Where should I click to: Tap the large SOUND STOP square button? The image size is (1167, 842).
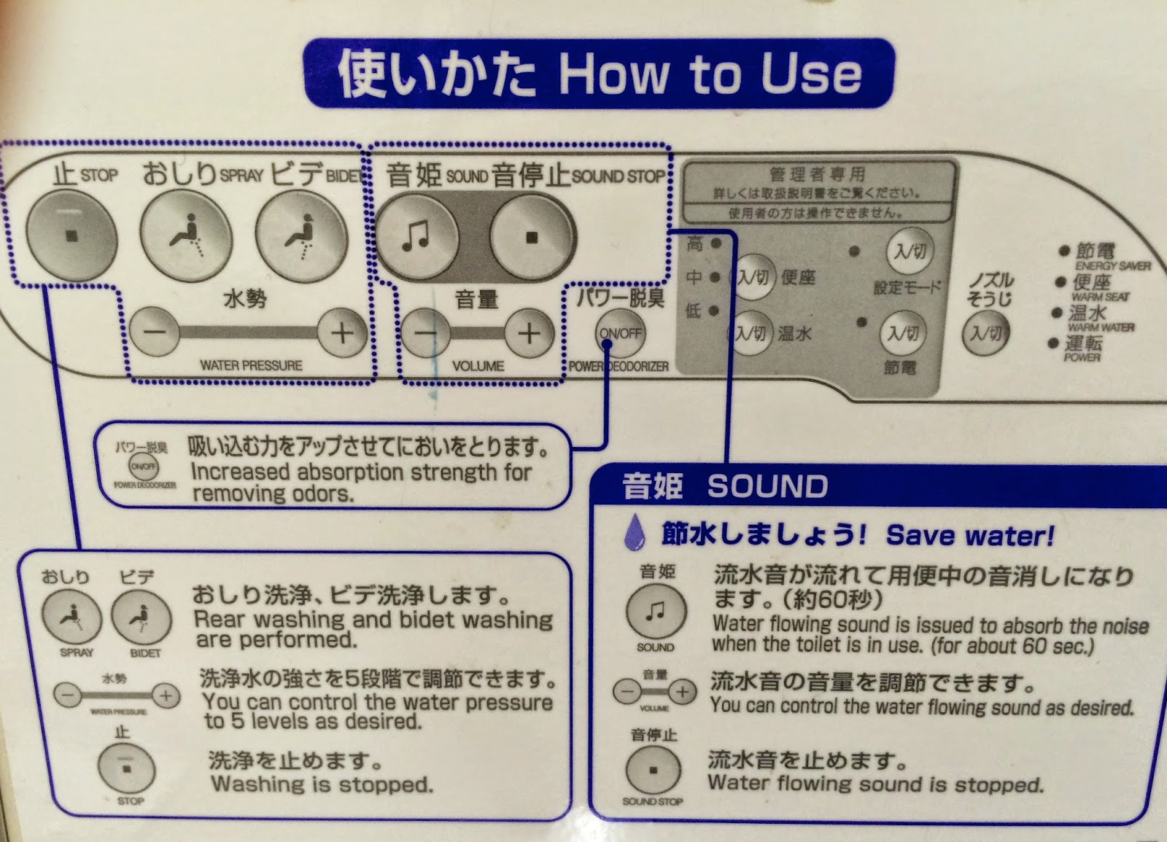coord(532,237)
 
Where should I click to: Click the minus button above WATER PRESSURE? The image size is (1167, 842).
coord(155,333)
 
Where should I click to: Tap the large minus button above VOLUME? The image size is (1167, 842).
coord(427,333)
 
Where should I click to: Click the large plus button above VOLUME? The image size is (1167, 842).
coord(529,333)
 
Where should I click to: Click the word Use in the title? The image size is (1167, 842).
coord(811,74)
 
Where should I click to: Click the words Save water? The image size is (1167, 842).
coord(970,536)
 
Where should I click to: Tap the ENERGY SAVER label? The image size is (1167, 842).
coord(1112,266)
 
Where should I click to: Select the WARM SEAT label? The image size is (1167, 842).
coord(1100,297)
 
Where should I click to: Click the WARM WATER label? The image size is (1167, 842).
coord(1101,327)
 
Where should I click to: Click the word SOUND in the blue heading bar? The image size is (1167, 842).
coord(767,486)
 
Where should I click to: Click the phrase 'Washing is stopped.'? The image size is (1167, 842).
coord(322,784)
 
